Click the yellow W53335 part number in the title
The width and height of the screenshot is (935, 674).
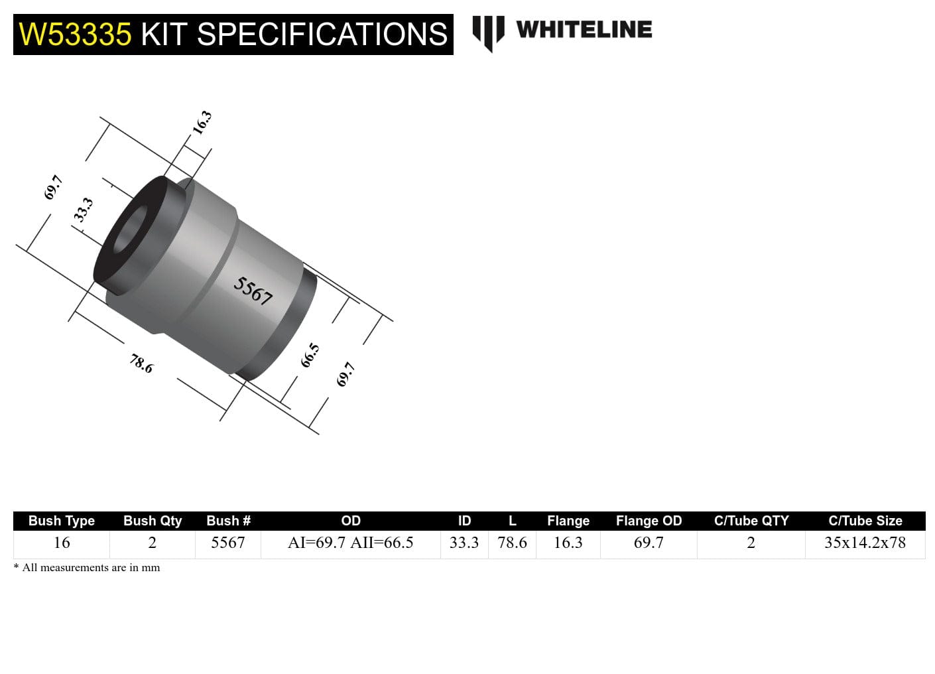point(75,34)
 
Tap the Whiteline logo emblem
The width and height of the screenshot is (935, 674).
point(488,32)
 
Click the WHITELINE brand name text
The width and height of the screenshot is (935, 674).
point(584,30)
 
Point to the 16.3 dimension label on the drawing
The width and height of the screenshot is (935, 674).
point(202,122)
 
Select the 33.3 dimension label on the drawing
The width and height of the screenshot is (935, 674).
point(83,210)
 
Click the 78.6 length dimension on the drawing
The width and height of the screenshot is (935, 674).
point(141,363)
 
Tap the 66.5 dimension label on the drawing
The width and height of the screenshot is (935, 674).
point(310,356)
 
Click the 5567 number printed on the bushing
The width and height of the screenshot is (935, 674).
point(253,291)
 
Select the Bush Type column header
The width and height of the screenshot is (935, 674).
point(61,521)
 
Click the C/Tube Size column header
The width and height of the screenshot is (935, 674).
point(865,521)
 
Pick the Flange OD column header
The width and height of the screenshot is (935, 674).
point(648,521)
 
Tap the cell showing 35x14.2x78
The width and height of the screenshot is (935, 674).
point(865,543)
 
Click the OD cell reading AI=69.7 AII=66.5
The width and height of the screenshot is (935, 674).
point(350,543)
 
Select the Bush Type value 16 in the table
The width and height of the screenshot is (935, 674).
point(61,543)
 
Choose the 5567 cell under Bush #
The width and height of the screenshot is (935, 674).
point(227,543)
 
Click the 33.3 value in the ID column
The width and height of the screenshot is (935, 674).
point(464,543)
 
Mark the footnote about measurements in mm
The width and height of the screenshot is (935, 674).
point(87,568)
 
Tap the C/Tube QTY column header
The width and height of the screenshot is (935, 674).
point(751,521)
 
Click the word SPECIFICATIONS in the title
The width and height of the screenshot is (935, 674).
point(322,34)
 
